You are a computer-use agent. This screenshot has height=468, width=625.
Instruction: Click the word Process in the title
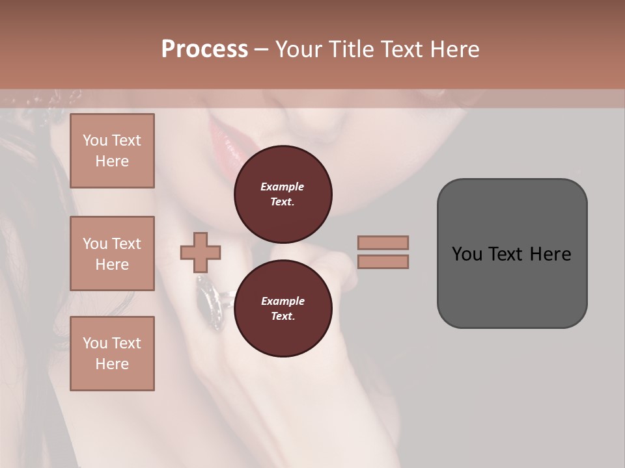click(x=204, y=49)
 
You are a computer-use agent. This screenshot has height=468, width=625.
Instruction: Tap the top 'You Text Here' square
click(x=112, y=151)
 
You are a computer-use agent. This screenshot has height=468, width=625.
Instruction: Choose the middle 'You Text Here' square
click(x=112, y=253)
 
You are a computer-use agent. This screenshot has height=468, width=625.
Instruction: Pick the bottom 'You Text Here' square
click(x=112, y=354)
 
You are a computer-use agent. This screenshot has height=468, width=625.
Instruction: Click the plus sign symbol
click(x=201, y=252)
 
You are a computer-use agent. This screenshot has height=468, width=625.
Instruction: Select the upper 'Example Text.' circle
click(x=283, y=194)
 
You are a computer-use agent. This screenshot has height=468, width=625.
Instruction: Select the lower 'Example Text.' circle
click(x=283, y=309)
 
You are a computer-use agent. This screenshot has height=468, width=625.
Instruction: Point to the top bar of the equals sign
click(x=383, y=242)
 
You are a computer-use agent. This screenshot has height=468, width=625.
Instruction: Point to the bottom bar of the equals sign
click(x=383, y=261)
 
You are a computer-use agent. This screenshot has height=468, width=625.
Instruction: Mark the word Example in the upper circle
click(x=283, y=187)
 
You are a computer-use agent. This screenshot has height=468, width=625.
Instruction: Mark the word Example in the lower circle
click(x=283, y=301)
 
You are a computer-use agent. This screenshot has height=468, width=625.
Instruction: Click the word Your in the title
click(x=298, y=49)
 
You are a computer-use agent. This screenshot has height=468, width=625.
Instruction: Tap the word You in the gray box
click(x=467, y=253)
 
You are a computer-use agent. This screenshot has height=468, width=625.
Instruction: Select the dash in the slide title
click(x=261, y=49)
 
